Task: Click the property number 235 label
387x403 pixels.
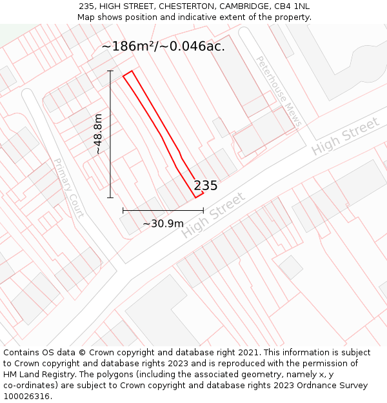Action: (x=205, y=186)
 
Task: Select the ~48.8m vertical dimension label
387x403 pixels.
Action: (x=98, y=134)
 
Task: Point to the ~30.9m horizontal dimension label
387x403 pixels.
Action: (x=163, y=223)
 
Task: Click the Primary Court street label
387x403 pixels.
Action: (x=68, y=188)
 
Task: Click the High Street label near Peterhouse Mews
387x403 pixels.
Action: (x=345, y=136)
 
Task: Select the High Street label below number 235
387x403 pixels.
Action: (x=213, y=215)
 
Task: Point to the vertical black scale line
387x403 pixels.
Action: (x=110, y=134)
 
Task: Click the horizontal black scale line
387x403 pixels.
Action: (x=163, y=210)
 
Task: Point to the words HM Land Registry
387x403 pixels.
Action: (x=40, y=375)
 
